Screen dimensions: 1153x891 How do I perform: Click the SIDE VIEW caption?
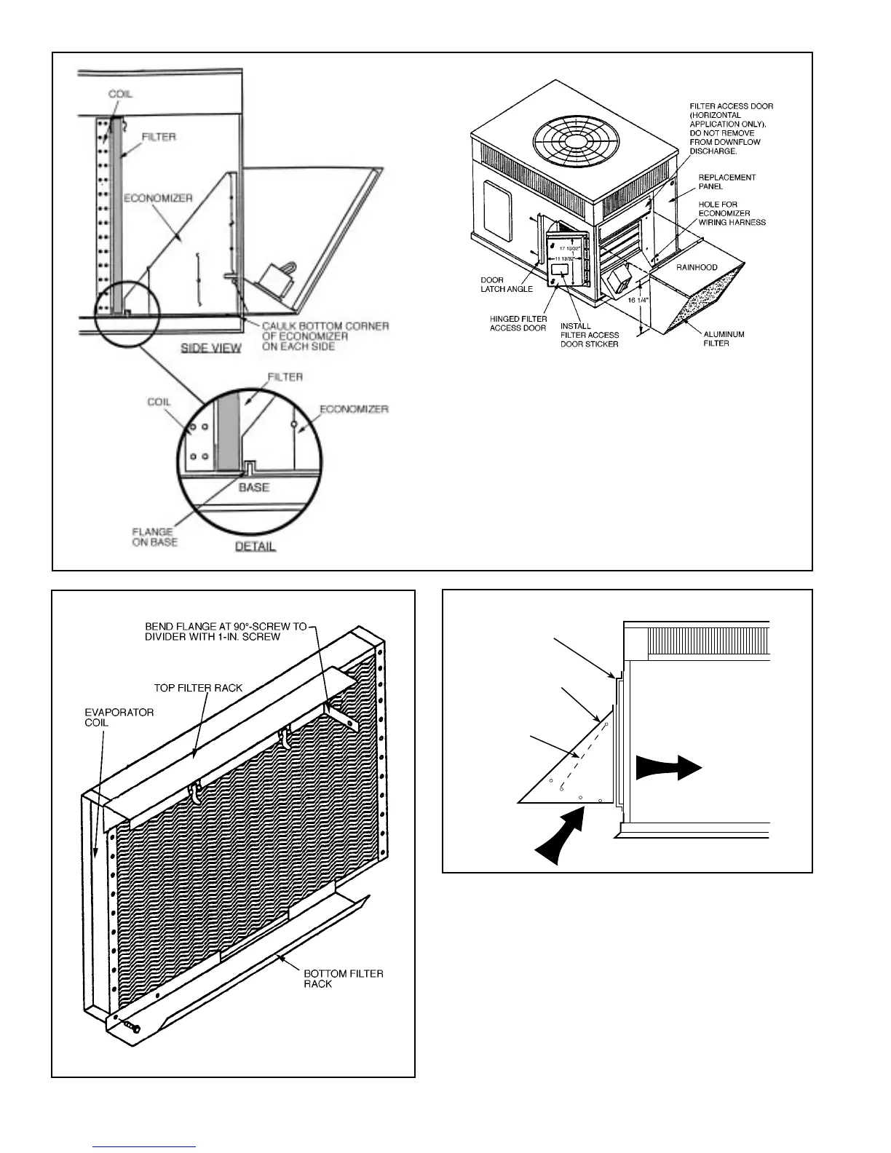click(x=211, y=348)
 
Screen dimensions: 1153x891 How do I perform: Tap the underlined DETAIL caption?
click(x=256, y=546)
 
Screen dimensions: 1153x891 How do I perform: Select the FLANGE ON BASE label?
click(x=154, y=537)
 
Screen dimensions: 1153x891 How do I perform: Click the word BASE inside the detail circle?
click(x=254, y=487)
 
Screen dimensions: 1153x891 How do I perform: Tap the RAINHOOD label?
click(x=697, y=267)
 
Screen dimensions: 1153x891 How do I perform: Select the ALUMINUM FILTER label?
click(x=724, y=338)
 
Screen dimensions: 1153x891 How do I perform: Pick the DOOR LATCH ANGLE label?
click(x=507, y=285)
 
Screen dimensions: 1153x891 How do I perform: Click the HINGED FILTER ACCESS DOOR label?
click(x=518, y=323)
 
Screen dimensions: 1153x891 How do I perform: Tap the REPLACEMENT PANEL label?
click(x=726, y=181)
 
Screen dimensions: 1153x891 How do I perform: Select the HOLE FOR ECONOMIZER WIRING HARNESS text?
click(x=731, y=213)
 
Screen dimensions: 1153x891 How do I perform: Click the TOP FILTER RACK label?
click(x=198, y=687)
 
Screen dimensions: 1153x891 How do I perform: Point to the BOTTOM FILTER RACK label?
click(x=343, y=978)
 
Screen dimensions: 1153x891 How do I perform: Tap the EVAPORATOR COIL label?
click(x=119, y=717)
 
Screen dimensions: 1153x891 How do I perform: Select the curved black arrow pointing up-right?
click(x=561, y=837)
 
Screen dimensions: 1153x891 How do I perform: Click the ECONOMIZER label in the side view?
click(x=159, y=197)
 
